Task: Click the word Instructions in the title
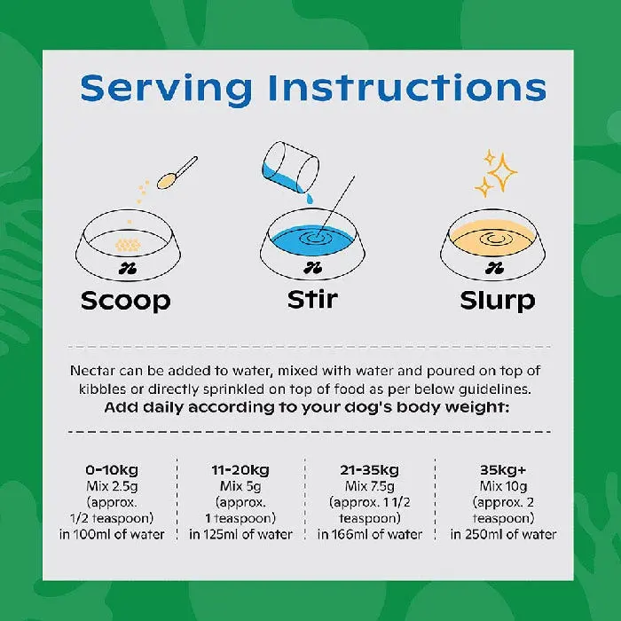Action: pos(407,88)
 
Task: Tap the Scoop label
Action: pos(126,302)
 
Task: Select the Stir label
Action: pos(312,300)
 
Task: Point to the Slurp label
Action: pos(498,301)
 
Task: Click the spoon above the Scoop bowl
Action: pos(177,173)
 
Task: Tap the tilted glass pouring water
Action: pos(291,167)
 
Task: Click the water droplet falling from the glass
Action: pos(310,199)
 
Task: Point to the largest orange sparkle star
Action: pos(502,172)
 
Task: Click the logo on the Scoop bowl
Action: pos(128,270)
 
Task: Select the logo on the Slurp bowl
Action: pos(494,269)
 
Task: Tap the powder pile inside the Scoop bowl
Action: pos(128,245)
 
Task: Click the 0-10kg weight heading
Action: pos(112,470)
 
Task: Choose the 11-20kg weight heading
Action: pos(240,470)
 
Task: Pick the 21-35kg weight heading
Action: pos(370,470)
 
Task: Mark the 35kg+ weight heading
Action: pos(503,469)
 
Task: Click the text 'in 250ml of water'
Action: pos(503,534)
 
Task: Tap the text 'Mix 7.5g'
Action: pos(370,486)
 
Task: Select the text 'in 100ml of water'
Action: pos(112,534)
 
